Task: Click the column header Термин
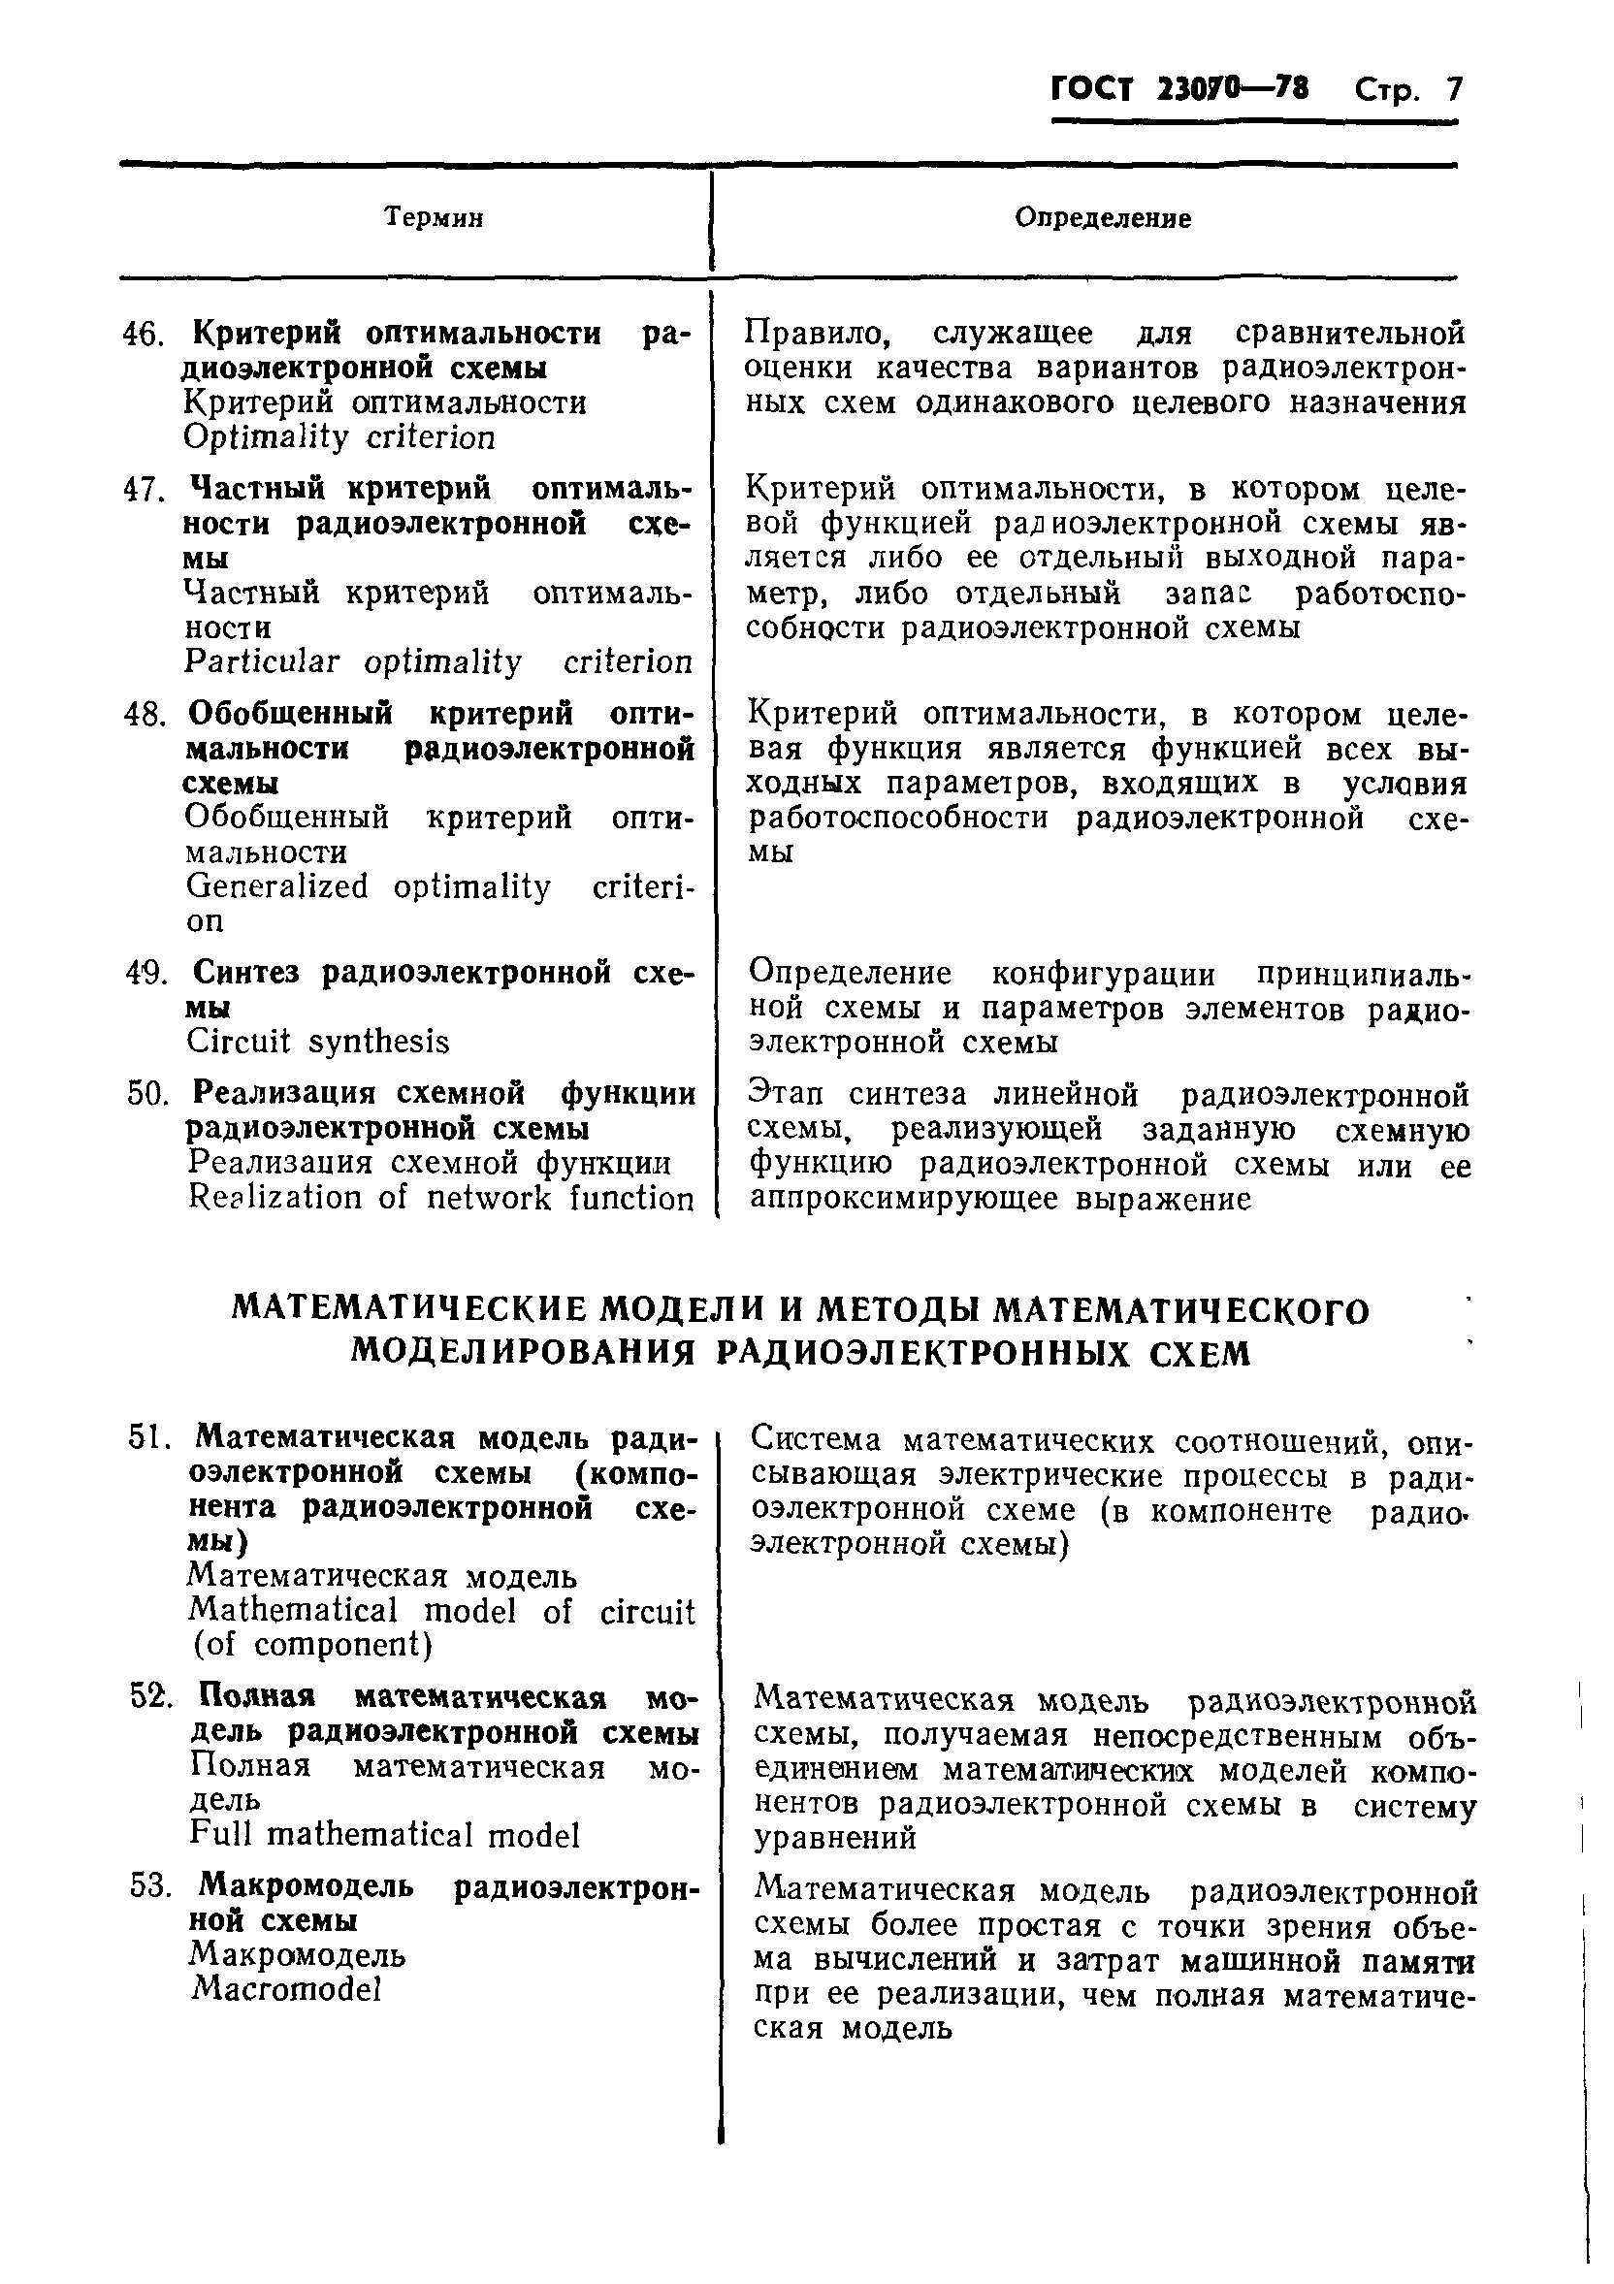click(434, 218)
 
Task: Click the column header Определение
click(1103, 218)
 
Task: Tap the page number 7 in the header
click(1455, 90)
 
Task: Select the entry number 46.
click(142, 336)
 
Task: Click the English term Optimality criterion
click(339, 436)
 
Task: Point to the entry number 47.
click(142, 491)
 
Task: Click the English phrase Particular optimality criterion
click(437, 662)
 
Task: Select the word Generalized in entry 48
click(276, 886)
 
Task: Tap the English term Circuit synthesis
click(318, 1042)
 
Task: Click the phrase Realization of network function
click(440, 1198)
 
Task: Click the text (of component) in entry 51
click(313, 1644)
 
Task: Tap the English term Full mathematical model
click(384, 1835)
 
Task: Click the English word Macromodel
click(286, 1987)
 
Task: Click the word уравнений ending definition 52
click(835, 1838)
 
